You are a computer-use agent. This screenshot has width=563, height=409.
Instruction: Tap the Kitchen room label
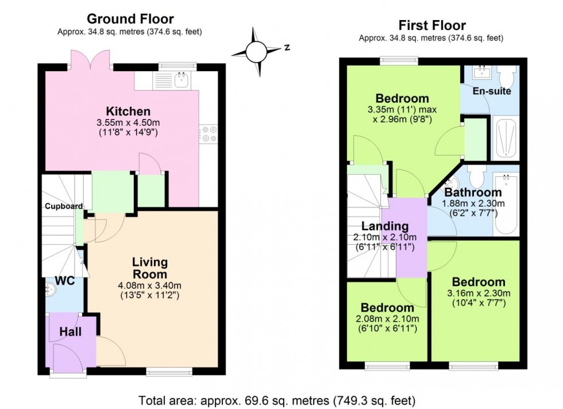(x=128, y=111)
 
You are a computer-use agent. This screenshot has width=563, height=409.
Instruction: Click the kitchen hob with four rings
(x=208, y=134)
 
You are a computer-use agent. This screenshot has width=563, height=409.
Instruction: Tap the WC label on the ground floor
(x=64, y=281)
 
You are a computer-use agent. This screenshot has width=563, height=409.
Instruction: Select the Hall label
(x=70, y=331)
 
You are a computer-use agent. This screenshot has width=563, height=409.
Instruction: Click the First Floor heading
(x=431, y=26)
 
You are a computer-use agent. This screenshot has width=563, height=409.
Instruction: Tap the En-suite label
(x=491, y=91)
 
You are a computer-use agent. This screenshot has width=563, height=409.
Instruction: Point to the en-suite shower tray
(x=506, y=138)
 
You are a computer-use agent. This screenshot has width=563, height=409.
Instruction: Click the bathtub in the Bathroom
(x=506, y=204)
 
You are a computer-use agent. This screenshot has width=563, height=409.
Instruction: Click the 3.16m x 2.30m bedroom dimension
(x=479, y=293)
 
